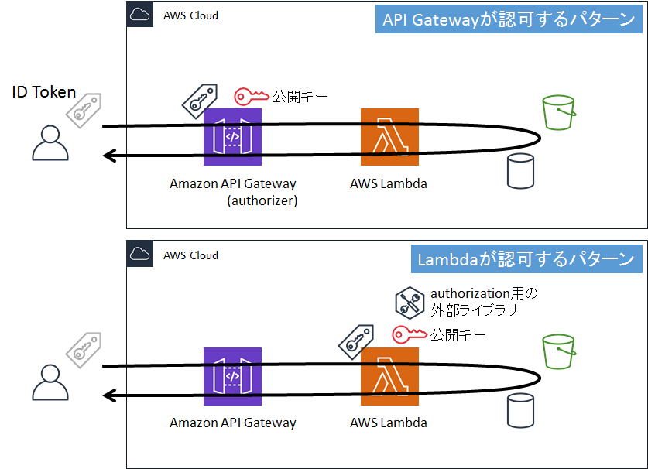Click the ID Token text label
(x=44, y=92)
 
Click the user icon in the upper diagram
(x=50, y=142)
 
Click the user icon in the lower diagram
(x=50, y=382)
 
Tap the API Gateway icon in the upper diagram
(x=232, y=137)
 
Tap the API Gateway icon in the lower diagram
(x=232, y=376)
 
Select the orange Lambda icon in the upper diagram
(x=389, y=137)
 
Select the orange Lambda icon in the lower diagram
(x=389, y=376)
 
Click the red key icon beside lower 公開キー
(x=410, y=334)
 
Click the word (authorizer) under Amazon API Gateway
(x=262, y=200)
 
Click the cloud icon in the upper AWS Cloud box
(x=140, y=15)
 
